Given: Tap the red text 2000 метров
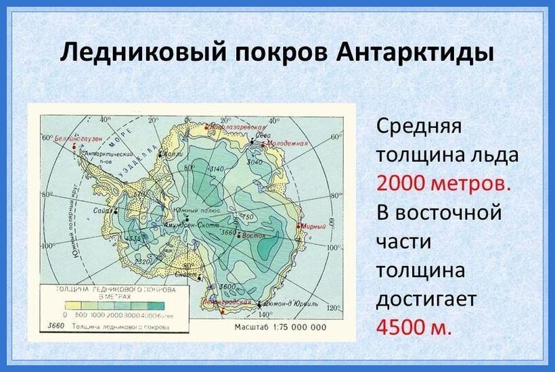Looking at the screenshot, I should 443,183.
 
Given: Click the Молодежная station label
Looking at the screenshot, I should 287,143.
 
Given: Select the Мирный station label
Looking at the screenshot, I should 312,227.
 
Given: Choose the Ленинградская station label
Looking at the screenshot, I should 227,302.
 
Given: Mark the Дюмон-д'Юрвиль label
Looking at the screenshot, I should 288,304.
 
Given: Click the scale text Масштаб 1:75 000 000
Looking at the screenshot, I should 280,327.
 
